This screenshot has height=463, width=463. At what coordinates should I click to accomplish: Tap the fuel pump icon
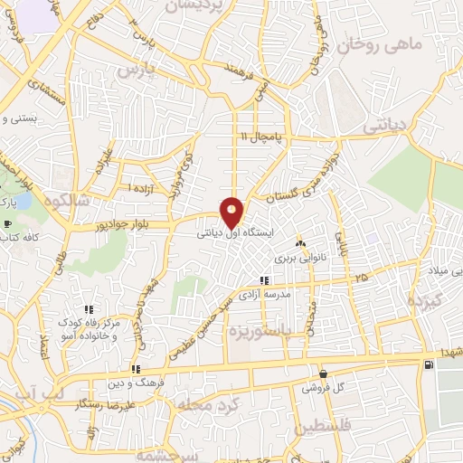pos(427,364)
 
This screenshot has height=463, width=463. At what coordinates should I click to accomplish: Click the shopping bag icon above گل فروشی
pos(323,373)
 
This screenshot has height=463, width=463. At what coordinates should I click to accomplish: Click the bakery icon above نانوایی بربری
pos(300,243)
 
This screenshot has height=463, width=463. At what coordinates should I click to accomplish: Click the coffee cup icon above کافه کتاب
pos(8,224)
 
